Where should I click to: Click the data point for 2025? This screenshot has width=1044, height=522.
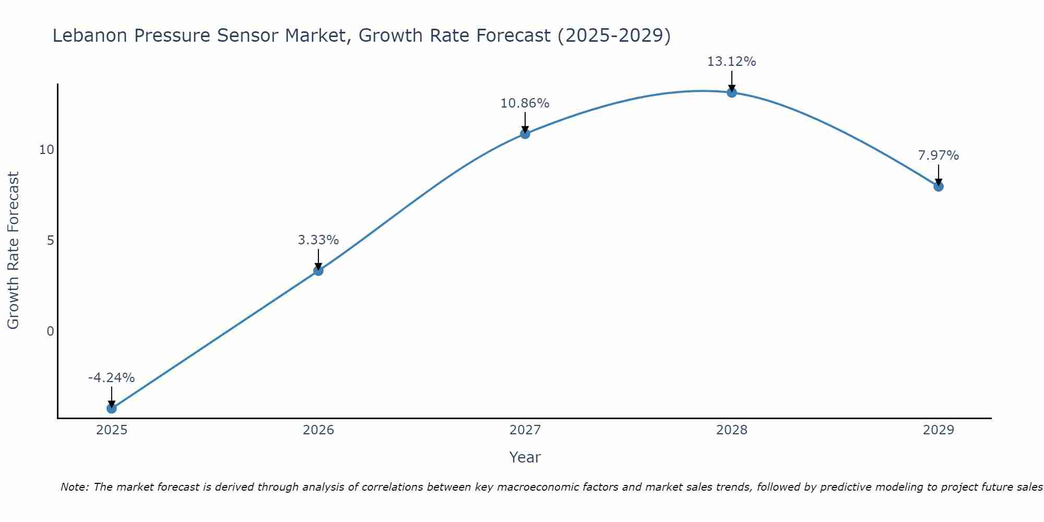[112, 408]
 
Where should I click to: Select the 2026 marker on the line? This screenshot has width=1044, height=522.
[318, 270]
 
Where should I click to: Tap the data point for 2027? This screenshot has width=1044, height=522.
[525, 134]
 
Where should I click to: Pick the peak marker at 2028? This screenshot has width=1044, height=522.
[732, 92]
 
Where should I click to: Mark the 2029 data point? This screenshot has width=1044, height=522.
[939, 186]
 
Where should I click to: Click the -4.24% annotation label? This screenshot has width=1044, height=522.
[112, 378]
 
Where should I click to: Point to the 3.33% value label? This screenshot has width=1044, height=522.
[318, 240]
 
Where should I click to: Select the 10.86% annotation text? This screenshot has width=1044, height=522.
[525, 103]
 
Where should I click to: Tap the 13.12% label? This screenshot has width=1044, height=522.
[732, 62]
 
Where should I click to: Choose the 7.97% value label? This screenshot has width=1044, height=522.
[939, 156]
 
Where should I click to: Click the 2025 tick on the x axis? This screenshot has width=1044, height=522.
[112, 430]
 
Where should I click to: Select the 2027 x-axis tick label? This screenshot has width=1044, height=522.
[525, 430]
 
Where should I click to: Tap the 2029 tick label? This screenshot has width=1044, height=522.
[939, 430]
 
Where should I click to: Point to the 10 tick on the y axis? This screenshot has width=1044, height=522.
[46, 150]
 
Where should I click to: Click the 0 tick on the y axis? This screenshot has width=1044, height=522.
[50, 331]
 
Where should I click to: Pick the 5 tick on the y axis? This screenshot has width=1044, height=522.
[50, 241]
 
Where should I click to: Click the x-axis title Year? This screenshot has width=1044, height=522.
[525, 457]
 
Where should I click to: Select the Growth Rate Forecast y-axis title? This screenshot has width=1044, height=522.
[13, 251]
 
